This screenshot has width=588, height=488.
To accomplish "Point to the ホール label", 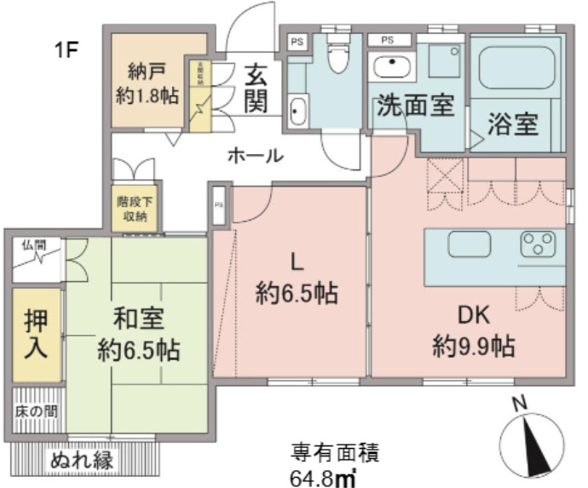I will pyautogui.click(x=255, y=156).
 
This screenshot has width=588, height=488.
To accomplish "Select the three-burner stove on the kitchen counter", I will pyautogui.click(x=538, y=244).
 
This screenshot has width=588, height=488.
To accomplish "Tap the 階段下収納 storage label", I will pyautogui.click(x=132, y=209).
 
